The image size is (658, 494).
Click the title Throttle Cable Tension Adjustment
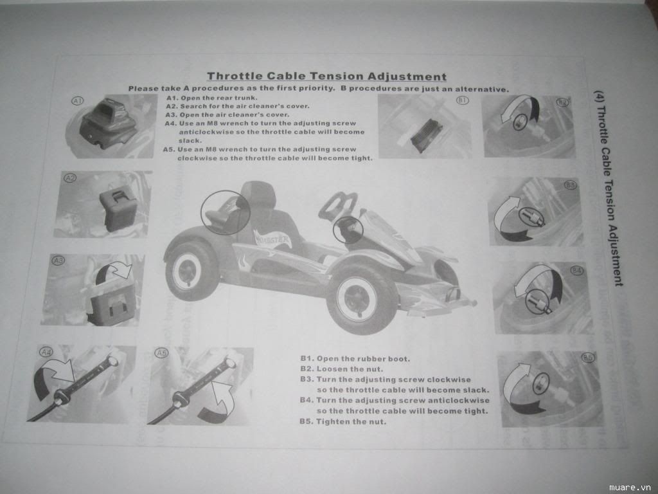326,77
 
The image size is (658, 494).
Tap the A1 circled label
78,101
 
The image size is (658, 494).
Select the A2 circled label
70,177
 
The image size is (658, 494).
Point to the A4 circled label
46,352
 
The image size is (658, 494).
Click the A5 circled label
161,352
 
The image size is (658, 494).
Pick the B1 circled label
462,100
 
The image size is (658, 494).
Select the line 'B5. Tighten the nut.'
343,421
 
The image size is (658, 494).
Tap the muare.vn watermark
632,486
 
